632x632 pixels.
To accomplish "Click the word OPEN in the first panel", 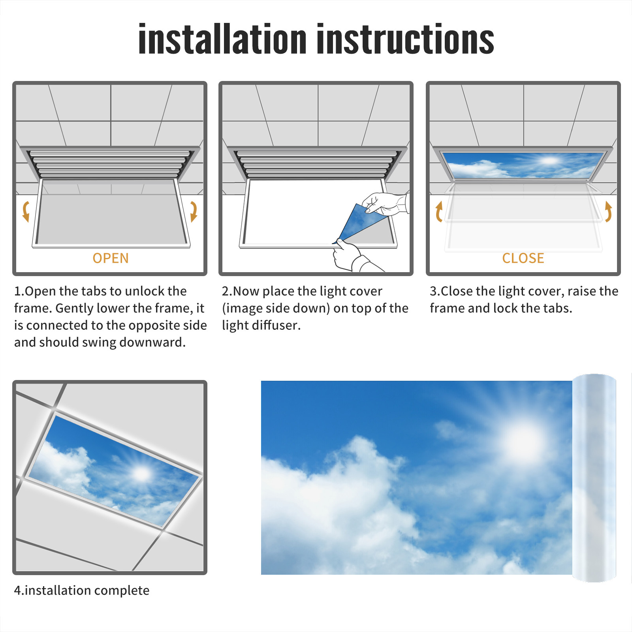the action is coord(111,258).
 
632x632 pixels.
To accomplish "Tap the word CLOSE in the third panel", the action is coord(523,258).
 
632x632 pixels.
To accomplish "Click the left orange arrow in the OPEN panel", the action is coord(26,211).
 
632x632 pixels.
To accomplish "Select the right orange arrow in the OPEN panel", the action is coord(194,211).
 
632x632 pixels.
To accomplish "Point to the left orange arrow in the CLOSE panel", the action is coord(438,211).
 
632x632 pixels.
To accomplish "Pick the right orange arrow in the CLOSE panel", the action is coord(608,211).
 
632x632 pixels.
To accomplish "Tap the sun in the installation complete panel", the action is coord(142,473).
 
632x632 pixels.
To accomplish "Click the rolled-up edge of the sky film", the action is coord(594,478).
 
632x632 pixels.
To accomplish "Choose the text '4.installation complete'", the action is coord(82,590).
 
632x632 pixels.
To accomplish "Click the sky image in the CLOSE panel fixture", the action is coord(523,165).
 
